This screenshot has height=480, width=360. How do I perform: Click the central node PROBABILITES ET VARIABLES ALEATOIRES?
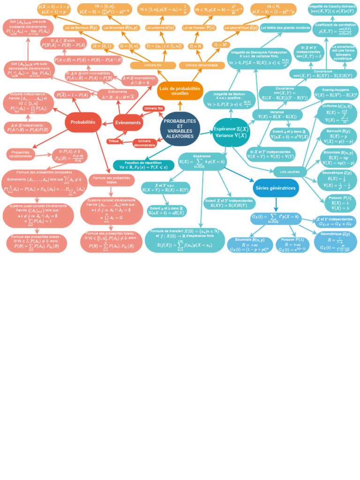pyautogui.click(x=180, y=129)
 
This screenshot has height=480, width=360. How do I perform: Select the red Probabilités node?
pyautogui.click(x=83, y=122)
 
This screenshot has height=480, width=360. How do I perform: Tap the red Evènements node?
pyautogui.click(x=127, y=123)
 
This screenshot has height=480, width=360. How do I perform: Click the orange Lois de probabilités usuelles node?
pyautogui.click(x=180, y=91)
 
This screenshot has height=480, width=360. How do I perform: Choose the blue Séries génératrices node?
pyautogui.click(x=276, y=188)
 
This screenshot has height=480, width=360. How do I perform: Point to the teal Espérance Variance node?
pyautogui.click(x=232, y=132)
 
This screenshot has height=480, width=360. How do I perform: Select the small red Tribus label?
pyautogui.click(x=113, y=141)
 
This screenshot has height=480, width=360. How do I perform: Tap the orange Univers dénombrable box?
pyautogui.click(x=202, y=66)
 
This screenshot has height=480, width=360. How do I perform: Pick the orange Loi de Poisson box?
pyautogui.click(x=197, y=28)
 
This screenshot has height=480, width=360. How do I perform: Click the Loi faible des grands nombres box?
pyautogui.click(x=285, y=28)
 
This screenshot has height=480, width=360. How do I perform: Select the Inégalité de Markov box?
pyautogui.click(x=229, y=100)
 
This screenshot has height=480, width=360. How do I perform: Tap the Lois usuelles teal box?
pyautogui.click(x=290, y=172)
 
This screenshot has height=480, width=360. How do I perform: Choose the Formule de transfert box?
pyautogui.click(x=185, y=240)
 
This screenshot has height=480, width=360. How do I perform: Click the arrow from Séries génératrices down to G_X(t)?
pyautogui.click(x=276, y=204)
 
